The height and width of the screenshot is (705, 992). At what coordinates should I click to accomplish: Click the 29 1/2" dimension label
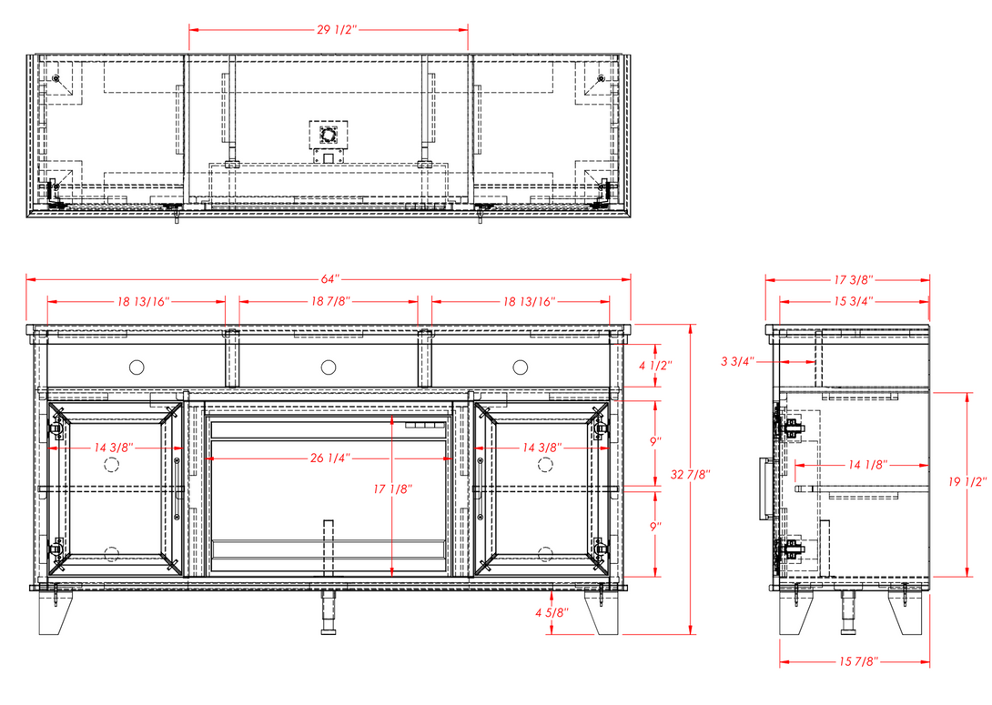pyautogui.click(x=338, y=30)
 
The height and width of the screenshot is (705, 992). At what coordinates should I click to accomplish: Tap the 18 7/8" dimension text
pyautogui.click(x=330, y=301)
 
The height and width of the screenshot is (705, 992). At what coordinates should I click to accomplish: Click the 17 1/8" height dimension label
pyautogui.click(x=393, y=488)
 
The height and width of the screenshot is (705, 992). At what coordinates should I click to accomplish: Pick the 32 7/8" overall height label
pyautogui.click(x=690, y=474)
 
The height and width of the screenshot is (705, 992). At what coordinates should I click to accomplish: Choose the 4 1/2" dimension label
pyautogui.click(x=655, y=366)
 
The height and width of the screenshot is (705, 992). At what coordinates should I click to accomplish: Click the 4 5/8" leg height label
pyautogui.click(x=552, y=612)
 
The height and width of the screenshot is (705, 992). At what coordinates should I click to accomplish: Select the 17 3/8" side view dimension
pyautogui.click(x=854, y=279)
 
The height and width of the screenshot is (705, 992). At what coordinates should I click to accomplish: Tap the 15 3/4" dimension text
pyautogui.click(x=854, y=301)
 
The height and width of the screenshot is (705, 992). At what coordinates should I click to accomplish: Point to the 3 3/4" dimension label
pyautogui.click(x=738, y=362)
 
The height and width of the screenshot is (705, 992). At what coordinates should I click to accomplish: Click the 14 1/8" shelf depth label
pyautogui.click(x=868, y=465)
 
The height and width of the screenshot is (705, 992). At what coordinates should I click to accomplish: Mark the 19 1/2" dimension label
pyautogui.click(x=967, y=482)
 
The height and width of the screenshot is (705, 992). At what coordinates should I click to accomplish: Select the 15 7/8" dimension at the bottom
pyautogui.click(x=858, y=661)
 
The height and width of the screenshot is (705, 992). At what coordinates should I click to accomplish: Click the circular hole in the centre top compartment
pyautogui.click(x=329, y=367)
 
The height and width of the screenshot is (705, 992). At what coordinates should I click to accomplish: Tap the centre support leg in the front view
pyautogui.click(x=328, y=612)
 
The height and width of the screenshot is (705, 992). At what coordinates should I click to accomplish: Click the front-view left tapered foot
pyautogui.click(x=56, y=612)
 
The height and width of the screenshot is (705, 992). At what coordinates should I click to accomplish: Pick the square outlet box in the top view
pyautogui.click(x=329, y=135)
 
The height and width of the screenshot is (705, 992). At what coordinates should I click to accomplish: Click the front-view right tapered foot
pyautogui.click(x=601, y=612)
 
